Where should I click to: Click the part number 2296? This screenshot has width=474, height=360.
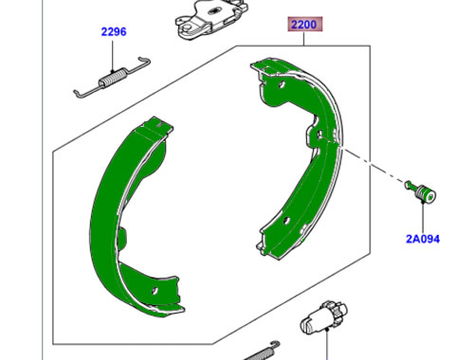[x=115, y=31]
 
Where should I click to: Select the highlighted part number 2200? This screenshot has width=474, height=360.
[x=304, y=26]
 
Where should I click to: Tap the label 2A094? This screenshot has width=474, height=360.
[x=423, y=240]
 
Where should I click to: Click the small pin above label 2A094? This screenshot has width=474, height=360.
[x=423, y=194]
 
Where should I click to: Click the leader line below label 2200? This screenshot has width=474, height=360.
[x=304, y=41]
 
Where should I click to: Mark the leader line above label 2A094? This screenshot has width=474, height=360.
[x=423, y=219]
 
